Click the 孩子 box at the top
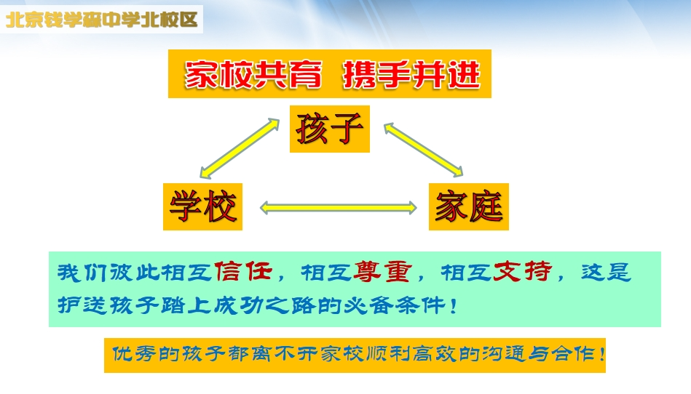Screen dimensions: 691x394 click(x=330, y=129)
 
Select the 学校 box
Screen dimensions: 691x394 click(x=202, y=206)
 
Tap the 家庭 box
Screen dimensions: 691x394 click(x=469, y=206)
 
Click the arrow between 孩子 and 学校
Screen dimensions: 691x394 click(x=240, y=148)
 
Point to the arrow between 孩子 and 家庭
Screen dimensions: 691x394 click(x=424, y=150)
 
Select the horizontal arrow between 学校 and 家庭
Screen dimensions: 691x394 click(x=338, y=208)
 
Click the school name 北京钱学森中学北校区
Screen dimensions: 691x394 click(x=102, y=20)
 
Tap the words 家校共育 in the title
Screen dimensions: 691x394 click(x=253, y=75)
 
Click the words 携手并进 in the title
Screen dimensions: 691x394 click(x=411, y=75)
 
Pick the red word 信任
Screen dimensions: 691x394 click(x=242, y=272)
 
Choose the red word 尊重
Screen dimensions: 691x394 click(x=382, y=272)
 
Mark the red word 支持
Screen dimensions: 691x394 click(x=522, y=272)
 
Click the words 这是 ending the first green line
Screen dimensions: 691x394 click(x=607, y=272)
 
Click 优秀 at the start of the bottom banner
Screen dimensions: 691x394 click(x=133, y=354)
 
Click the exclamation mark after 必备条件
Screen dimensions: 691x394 click(x=454, y=305)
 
